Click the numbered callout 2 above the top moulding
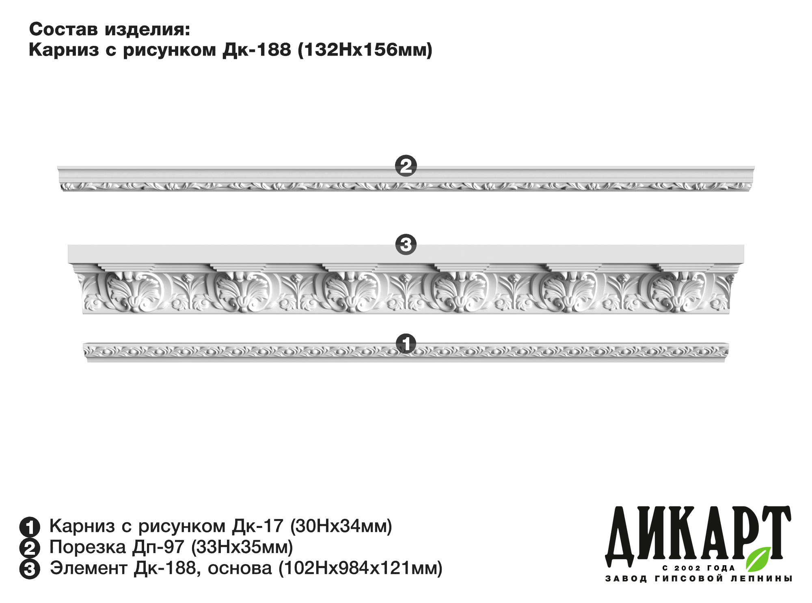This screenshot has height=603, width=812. click(x=406, y=166)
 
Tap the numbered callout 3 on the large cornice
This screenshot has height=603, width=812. click(x=406, y=244)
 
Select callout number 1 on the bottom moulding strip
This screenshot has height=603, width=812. click(x=406, y=344)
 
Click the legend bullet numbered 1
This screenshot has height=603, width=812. click(x=30, y=527)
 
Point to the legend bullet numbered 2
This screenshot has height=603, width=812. click(x=30, y=548)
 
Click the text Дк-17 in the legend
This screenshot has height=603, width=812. click(x=257, y=526)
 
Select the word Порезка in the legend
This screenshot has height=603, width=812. click(x=88, y=547)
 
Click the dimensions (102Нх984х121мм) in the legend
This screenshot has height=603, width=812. click(x=360, y=569)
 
